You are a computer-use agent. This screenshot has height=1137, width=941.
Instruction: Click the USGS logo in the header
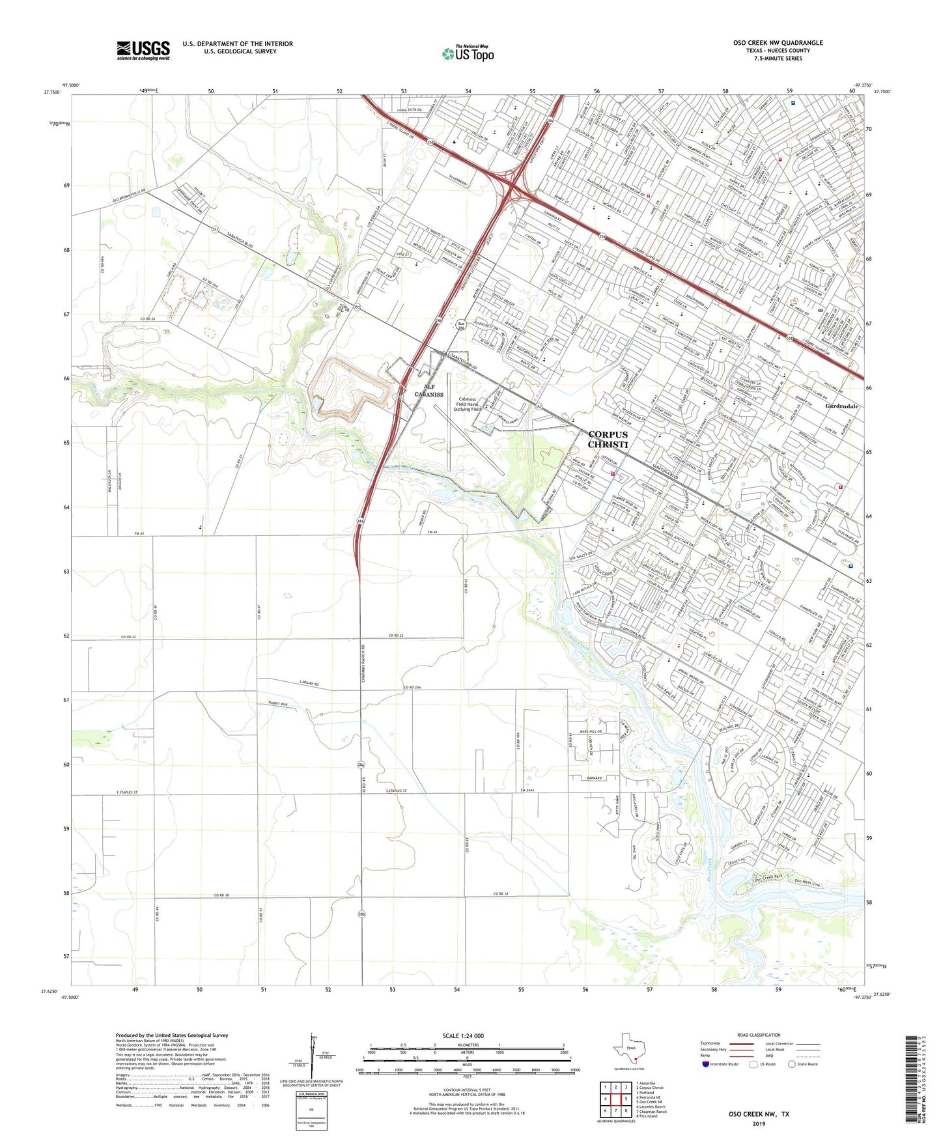point(143,50)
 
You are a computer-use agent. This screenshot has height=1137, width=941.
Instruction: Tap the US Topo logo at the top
point(468,53)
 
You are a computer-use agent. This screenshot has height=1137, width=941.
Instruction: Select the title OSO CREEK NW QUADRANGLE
point(778,43)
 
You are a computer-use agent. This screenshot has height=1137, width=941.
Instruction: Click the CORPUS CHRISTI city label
point(608,440)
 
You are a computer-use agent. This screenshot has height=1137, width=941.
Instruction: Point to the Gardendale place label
point(841,406)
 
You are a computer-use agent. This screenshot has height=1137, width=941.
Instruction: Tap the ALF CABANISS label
point(428,391)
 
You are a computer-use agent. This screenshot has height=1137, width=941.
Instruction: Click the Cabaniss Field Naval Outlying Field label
point(467,404)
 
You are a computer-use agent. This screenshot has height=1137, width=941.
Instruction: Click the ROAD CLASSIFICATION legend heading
point(759,1035)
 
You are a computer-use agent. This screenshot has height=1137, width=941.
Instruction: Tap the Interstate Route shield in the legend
point(706,1064)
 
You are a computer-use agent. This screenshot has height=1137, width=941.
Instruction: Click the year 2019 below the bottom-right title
point(759,1123)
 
